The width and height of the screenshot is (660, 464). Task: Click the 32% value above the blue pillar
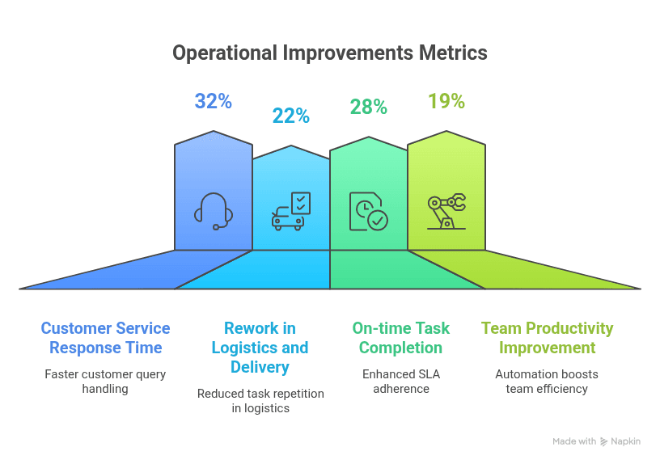(213, 101)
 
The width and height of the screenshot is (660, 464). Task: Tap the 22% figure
(291, 116)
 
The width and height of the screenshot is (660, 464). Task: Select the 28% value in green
(369, 107)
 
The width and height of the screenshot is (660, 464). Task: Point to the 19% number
(446, 101)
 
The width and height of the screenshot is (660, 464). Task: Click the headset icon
(214, 211)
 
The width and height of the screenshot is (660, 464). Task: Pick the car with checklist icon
(291, 211)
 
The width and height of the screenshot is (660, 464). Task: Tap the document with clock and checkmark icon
(369, 211)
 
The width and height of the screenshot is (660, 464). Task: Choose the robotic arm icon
(446, 211)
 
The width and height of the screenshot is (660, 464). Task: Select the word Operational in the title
(225, 53)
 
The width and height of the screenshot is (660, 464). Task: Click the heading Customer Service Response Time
(105, 338)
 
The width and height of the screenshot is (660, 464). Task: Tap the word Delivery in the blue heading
(260, 367)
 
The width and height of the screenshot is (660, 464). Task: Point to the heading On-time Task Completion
(400, 338)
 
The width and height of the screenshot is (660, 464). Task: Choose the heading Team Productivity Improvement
(548, 338)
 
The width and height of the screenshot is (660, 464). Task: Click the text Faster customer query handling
(105, 381)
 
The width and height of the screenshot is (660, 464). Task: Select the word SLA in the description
(428, 374)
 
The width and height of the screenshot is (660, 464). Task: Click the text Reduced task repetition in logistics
(260, 400)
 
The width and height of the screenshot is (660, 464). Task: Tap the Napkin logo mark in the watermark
(604, 441)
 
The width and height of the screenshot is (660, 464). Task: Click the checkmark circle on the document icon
(378, 220)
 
